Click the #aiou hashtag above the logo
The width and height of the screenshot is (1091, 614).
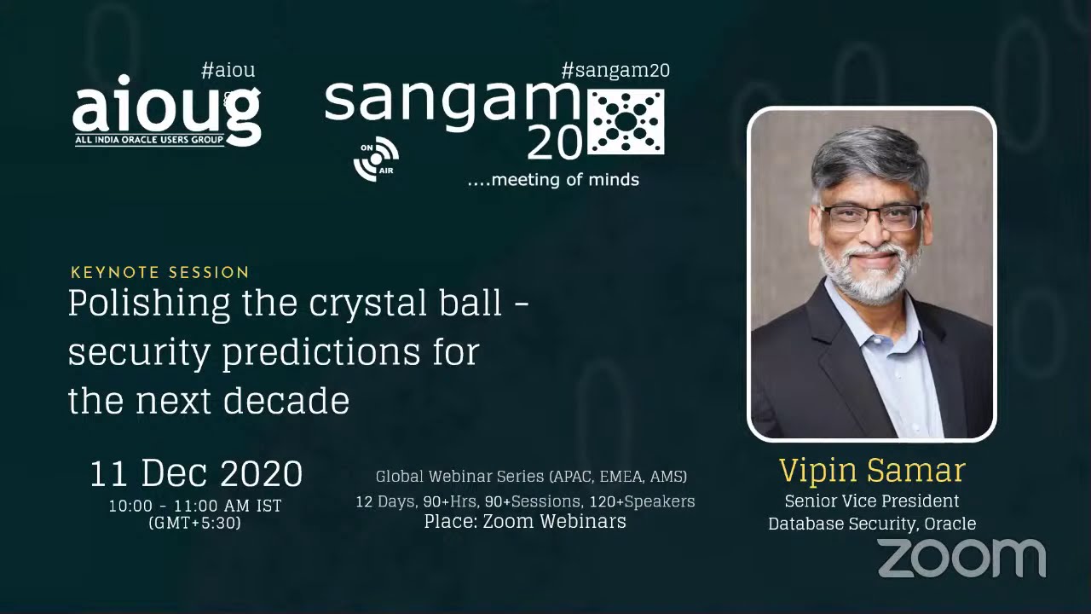228,70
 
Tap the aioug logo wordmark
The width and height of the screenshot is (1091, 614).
166,109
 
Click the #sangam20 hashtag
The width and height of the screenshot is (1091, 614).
615,70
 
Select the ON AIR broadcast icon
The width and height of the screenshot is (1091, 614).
376,159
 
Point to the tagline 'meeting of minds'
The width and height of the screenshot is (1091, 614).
553,179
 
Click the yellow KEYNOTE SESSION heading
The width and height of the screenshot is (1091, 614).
160,273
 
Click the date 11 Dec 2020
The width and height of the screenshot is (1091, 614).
196,473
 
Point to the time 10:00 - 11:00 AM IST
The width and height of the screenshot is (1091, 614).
195,506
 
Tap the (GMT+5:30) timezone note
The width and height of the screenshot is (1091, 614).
195,523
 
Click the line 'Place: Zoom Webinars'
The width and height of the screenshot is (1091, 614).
525,521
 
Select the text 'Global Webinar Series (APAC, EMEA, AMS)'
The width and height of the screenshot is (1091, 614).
531,476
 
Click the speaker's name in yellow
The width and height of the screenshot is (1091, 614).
871,470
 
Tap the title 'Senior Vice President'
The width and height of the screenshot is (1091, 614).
872,501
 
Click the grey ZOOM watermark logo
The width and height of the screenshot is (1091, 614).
961,559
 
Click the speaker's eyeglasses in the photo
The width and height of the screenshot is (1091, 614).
870,217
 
